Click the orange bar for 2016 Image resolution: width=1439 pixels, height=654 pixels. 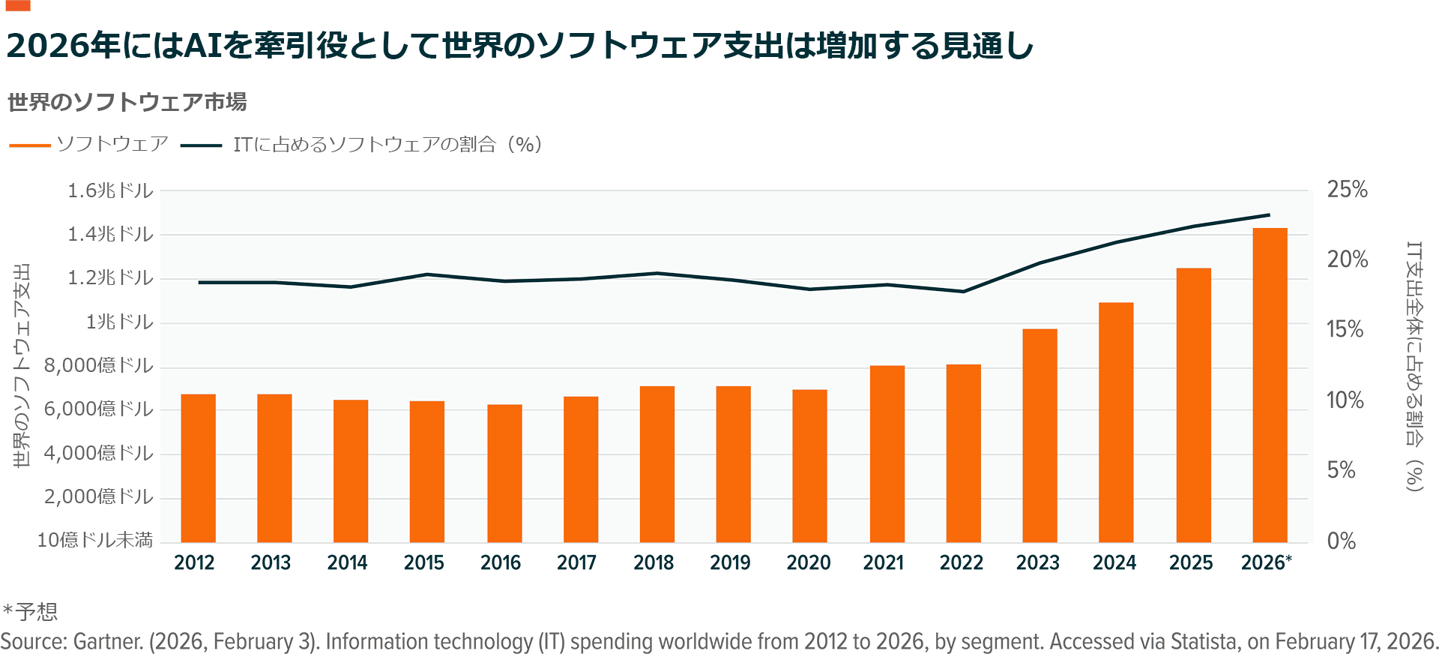pyautogui.click(x=504, y=473)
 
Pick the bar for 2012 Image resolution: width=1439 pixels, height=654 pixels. pyautogui.click(x=198, y=468)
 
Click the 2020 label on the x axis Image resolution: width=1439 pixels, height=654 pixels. pyautogui.click(x=808, y=562)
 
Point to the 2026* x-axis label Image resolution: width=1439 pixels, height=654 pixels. pyautogui.click(x=1266, y=562)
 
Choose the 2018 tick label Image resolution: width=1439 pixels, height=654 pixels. pyautogui.click(x=654, y=562)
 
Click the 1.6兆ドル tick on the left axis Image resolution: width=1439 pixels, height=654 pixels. pyautogui.click(x=110, y=190)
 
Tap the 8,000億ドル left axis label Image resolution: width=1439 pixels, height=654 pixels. pyautogui.click(x=98, y=365)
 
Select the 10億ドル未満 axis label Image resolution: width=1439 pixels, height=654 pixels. pyautogui.click(x=94, y=540)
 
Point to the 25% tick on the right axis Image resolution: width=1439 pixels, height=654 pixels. pyautogui.click(x=1347, y=190)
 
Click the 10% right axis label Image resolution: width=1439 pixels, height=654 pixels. pyautogui.click(x=1345, y=400)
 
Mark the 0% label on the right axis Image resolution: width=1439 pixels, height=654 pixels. pyautogui.click(x=1341, y=541)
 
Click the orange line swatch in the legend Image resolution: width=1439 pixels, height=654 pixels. pyautogui.click(x=30, y=145)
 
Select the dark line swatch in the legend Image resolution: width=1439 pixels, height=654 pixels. pyautogui.click(x=201, y=145)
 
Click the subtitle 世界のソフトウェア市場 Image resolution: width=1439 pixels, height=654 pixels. pyautogui.click(x=127, y=102)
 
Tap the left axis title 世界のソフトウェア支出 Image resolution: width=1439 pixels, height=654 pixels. pyautogui.click(x=22, y=365)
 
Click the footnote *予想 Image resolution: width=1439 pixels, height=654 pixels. pyautogui.click(x=30, y=612)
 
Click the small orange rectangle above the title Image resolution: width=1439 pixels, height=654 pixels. pyautogui.click(x=17, y=5)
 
